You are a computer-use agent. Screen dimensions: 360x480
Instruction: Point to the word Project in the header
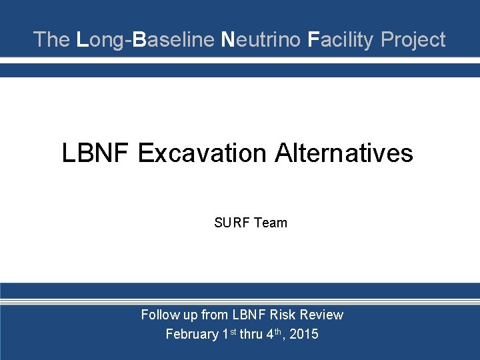pos(413,40)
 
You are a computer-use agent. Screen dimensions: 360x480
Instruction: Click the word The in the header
pos(51,40)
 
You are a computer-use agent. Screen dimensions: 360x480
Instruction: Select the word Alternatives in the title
pos(355,153)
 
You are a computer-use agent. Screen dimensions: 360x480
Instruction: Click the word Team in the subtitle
pos(270,223)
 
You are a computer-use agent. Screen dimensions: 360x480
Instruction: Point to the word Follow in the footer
pos(159,315)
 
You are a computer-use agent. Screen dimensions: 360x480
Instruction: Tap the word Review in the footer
pos(323,315)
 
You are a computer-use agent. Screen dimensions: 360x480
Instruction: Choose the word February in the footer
pos(192,334)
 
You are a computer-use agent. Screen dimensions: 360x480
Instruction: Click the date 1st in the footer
pos(230,333)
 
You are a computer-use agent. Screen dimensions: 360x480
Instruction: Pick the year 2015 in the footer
pos(304,334)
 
